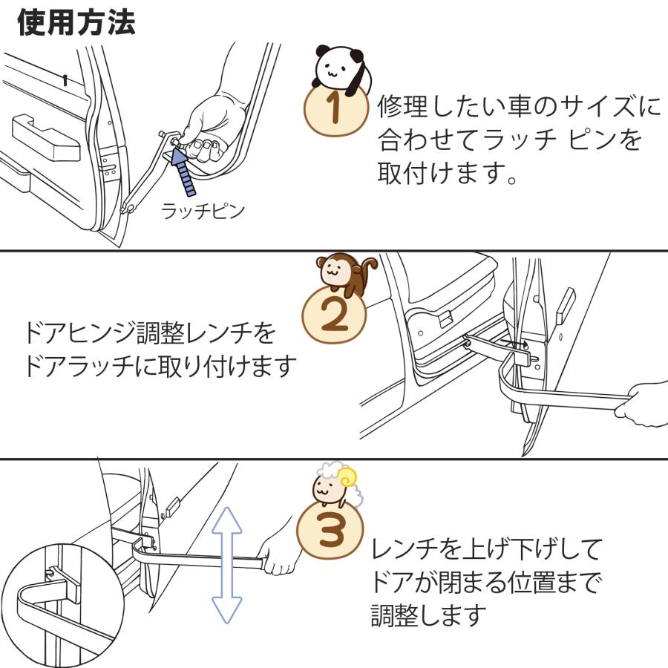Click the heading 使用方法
76,23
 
